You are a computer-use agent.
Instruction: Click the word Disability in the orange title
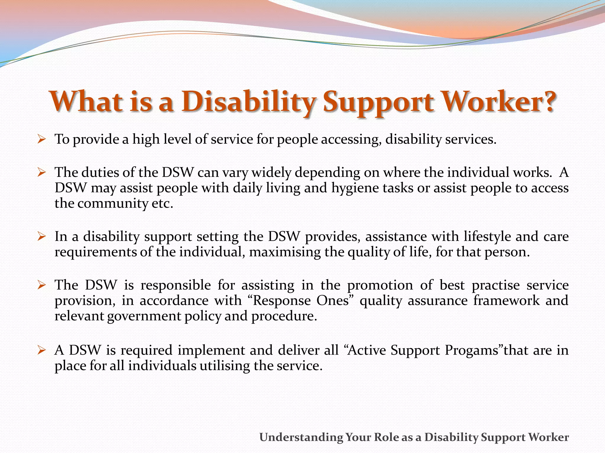[248, 101]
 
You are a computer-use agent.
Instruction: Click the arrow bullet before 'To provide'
[41, 139]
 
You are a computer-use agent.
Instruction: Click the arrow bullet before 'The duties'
[41, 172]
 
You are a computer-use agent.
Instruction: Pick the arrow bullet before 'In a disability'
[41, 236]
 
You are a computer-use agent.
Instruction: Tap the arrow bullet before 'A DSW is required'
[41, 350]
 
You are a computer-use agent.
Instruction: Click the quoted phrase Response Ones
[302, 301]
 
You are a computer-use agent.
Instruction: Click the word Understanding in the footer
[301, 437]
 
